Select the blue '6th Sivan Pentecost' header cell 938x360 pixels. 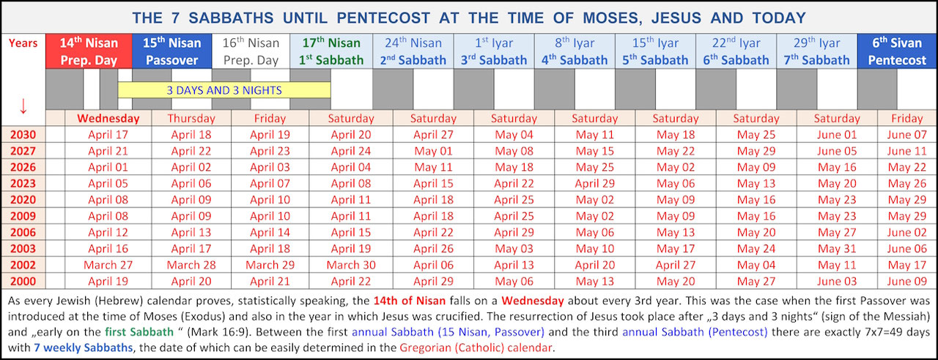(897, 51)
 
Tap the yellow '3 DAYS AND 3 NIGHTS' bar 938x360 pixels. (224, 90)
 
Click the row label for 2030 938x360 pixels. (23, 135)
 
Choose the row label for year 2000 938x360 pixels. (23, 282)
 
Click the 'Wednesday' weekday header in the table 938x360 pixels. (108, 118)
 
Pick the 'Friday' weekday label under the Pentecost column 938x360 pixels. (906, 118)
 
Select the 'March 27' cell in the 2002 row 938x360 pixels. (108, 265)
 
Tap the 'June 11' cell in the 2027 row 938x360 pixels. (906, 151)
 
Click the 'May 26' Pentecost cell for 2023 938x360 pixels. (906, 184)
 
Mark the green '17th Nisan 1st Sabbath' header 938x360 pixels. (331, 51)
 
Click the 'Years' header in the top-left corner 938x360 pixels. (23, 43)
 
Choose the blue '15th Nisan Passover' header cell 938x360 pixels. (171, 51)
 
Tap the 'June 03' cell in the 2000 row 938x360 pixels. (837, 282)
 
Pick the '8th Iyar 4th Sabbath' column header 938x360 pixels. (575, 51)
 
